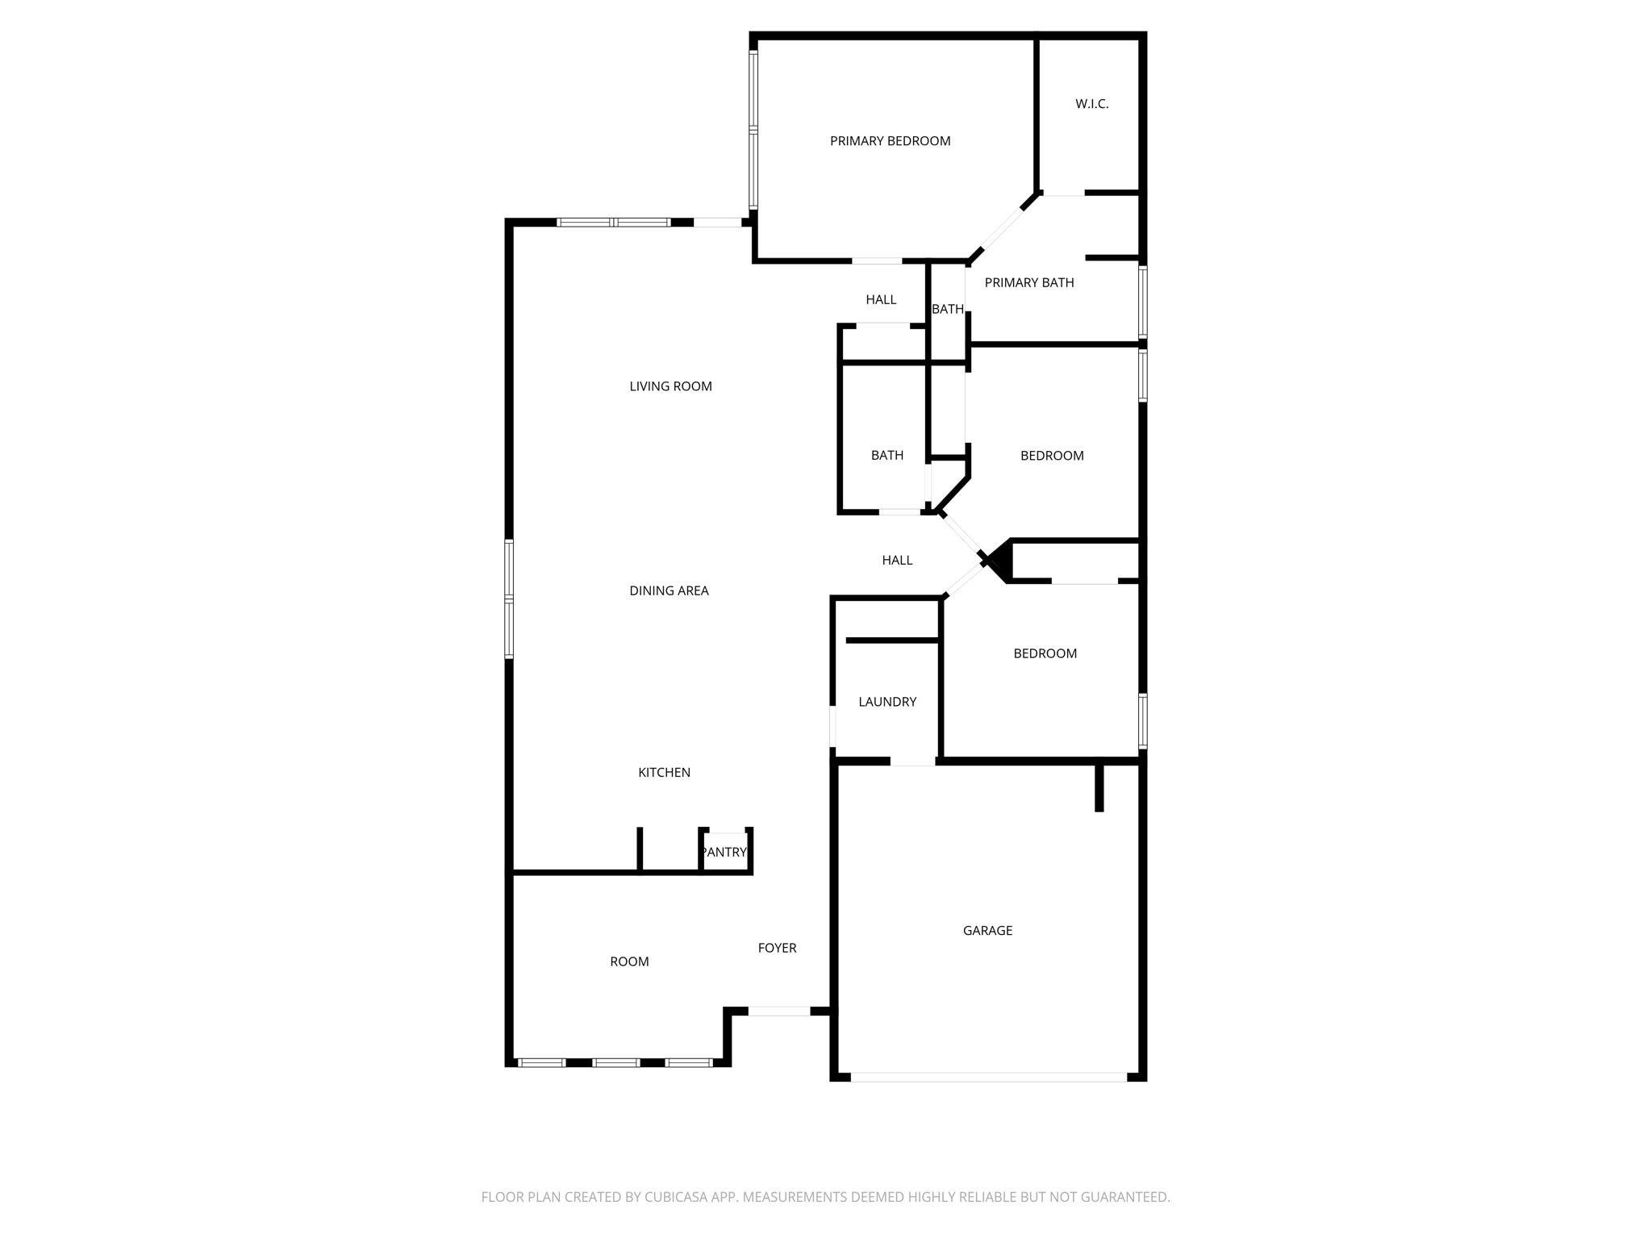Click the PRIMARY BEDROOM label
[890, 141]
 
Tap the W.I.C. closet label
[1091, 104]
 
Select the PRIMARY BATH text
[1028, 282]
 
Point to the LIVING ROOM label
[670, 386]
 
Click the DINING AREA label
[669, 590]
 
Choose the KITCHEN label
[664, 772]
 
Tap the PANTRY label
[724, 852]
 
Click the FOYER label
[777, 948]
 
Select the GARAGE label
[987, 930]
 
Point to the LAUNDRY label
[887, 702]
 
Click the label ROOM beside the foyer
[629, 962]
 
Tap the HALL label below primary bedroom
[881, 299]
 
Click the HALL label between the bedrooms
[897, 560]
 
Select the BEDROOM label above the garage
[1045, 653]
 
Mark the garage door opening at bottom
[988, 1077]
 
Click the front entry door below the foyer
[778, 1011]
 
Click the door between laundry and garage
[912, 761]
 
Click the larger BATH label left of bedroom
[886, 456]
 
